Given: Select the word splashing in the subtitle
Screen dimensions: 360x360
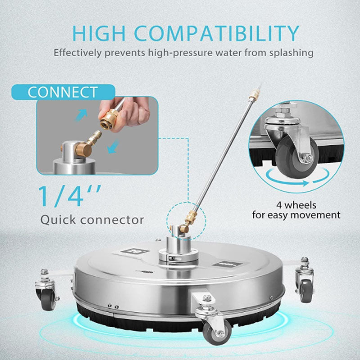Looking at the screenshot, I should (x=290, y=52).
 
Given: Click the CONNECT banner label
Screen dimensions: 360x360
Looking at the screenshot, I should (x=62, y=92).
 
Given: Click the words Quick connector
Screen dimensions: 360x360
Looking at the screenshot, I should (x=92, y=220).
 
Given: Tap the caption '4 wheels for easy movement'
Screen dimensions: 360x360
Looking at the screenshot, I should (x=296, y=209).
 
